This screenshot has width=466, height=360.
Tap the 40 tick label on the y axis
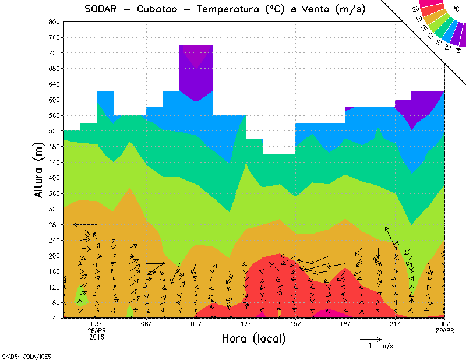point(57,319)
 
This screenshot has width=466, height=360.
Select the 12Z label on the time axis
point(246,324)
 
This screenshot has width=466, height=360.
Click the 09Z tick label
point(196,324)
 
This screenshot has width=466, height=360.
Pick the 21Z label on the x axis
point(395,324)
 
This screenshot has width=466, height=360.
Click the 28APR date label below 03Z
point(97,330)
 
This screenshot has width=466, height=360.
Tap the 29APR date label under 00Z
point(444,330)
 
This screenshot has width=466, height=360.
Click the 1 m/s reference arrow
point(370,338)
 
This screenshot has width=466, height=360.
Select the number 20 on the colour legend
point(415,9)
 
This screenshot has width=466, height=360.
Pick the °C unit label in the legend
point(456,9)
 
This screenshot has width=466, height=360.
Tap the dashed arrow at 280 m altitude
point(85,224)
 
